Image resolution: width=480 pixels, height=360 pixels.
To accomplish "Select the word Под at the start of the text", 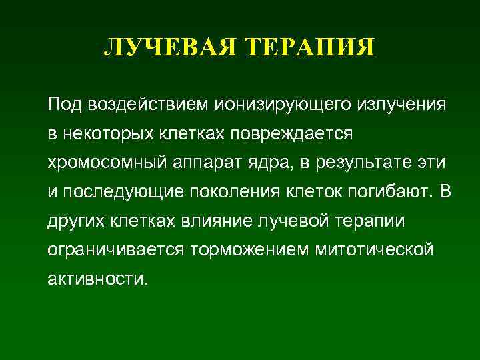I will [63, 105].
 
